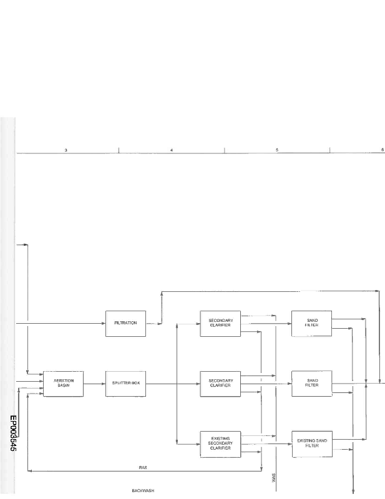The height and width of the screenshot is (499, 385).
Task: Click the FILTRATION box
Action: tap(125, 323)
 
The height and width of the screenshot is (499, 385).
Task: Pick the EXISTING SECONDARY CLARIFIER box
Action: tap(221, 443)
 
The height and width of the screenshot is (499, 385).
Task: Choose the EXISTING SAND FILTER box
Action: tap(312, 443)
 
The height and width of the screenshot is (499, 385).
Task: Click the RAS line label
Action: tap(142, 467)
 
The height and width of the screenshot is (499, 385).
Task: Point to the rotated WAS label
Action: tap(274, 478)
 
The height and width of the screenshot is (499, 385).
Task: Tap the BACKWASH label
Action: tap(143, 490)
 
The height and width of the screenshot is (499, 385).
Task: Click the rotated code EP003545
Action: tap(13, 435)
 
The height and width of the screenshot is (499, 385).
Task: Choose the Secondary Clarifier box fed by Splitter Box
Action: tap(221, 383)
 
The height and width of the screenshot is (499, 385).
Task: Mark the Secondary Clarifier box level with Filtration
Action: tap(221, 323)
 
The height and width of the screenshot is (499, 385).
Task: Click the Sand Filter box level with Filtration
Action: tap(312, 323)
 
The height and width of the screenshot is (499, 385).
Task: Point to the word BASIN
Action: tap(64, 385)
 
